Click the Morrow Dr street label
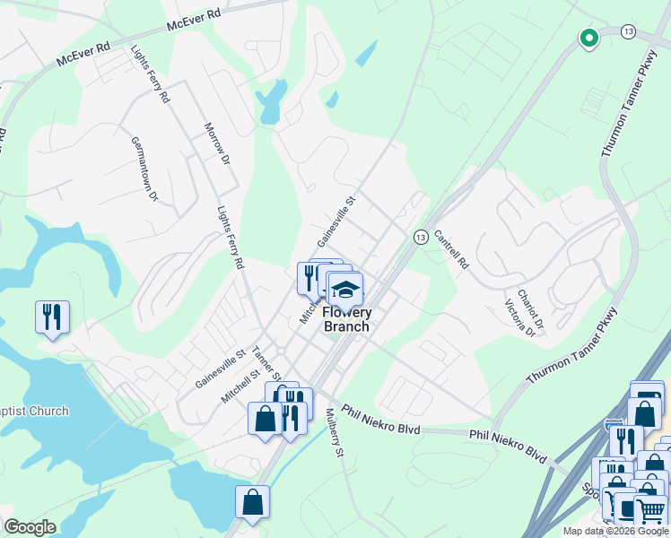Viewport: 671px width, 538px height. (218, 143)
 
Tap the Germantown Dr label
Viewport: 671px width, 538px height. (144, 169)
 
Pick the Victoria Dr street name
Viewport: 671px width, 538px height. (519, 318)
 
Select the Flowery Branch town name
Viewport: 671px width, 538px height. (345, 319)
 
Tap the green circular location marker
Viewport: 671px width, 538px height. (588, 38)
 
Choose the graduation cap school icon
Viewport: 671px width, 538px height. (344, 290)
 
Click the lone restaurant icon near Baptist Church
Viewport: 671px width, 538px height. (52, 317)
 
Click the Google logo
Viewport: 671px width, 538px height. (30, 527)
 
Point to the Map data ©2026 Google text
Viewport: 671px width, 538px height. (614, 531)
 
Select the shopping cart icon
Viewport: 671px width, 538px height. (650, 511)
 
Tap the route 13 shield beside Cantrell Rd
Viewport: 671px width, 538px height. (419, 237)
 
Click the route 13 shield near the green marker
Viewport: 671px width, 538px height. (628, 31)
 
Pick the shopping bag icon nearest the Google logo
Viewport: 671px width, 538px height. (252, 502)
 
